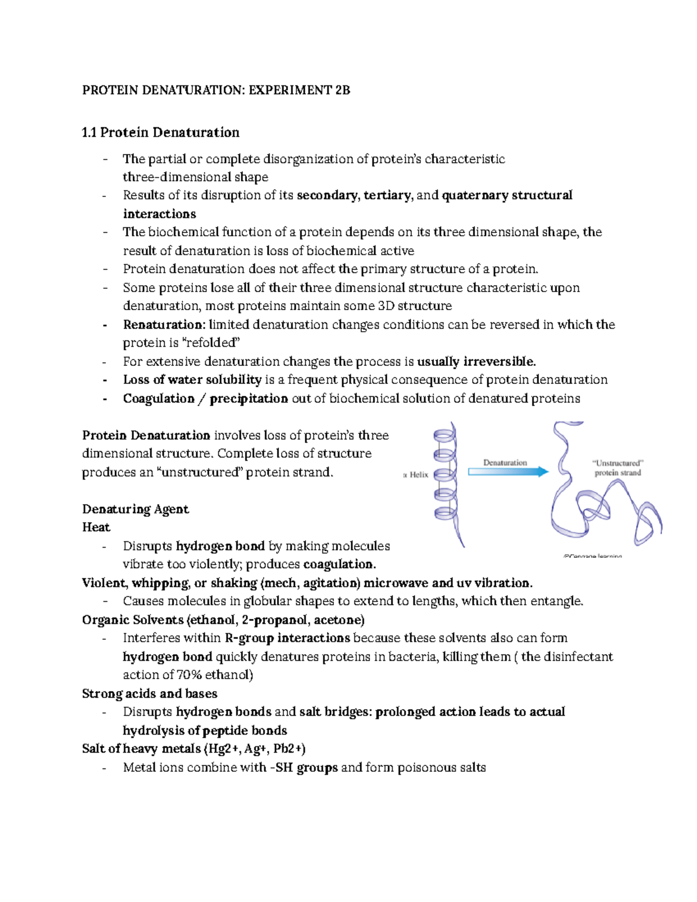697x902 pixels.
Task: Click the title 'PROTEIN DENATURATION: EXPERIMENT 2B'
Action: pyautogui.click(x=216, y=90)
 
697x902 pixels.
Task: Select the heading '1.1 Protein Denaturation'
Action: pyautogui.click(x=160, y=132)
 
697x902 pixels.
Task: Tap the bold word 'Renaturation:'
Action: pyautogui.click(x=164, y=325)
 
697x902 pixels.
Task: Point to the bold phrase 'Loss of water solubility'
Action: pyautogui.click(x=192, y=380)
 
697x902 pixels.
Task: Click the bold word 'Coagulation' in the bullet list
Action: pyautogui.click(x=159, y=398)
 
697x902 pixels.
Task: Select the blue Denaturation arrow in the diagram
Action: pyautogui.click(x=508, y=472)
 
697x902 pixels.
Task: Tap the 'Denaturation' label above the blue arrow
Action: pyautogui.click(x=505, y=462)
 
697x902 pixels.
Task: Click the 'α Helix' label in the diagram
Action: pyautogui.click(x=416, y=475)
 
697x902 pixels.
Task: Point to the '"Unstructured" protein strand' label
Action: pyautogui.click(x=617, y=468)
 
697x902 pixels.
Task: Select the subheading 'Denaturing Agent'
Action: pyautogui.click(x=135, y=509)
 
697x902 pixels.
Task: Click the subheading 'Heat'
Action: pyautogui.click(x=96, y=527)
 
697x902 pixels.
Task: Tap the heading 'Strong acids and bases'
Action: pyautogui.click(x=149, y=693)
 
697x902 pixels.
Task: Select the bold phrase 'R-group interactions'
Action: pyautogui.click(x=287, y=638)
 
